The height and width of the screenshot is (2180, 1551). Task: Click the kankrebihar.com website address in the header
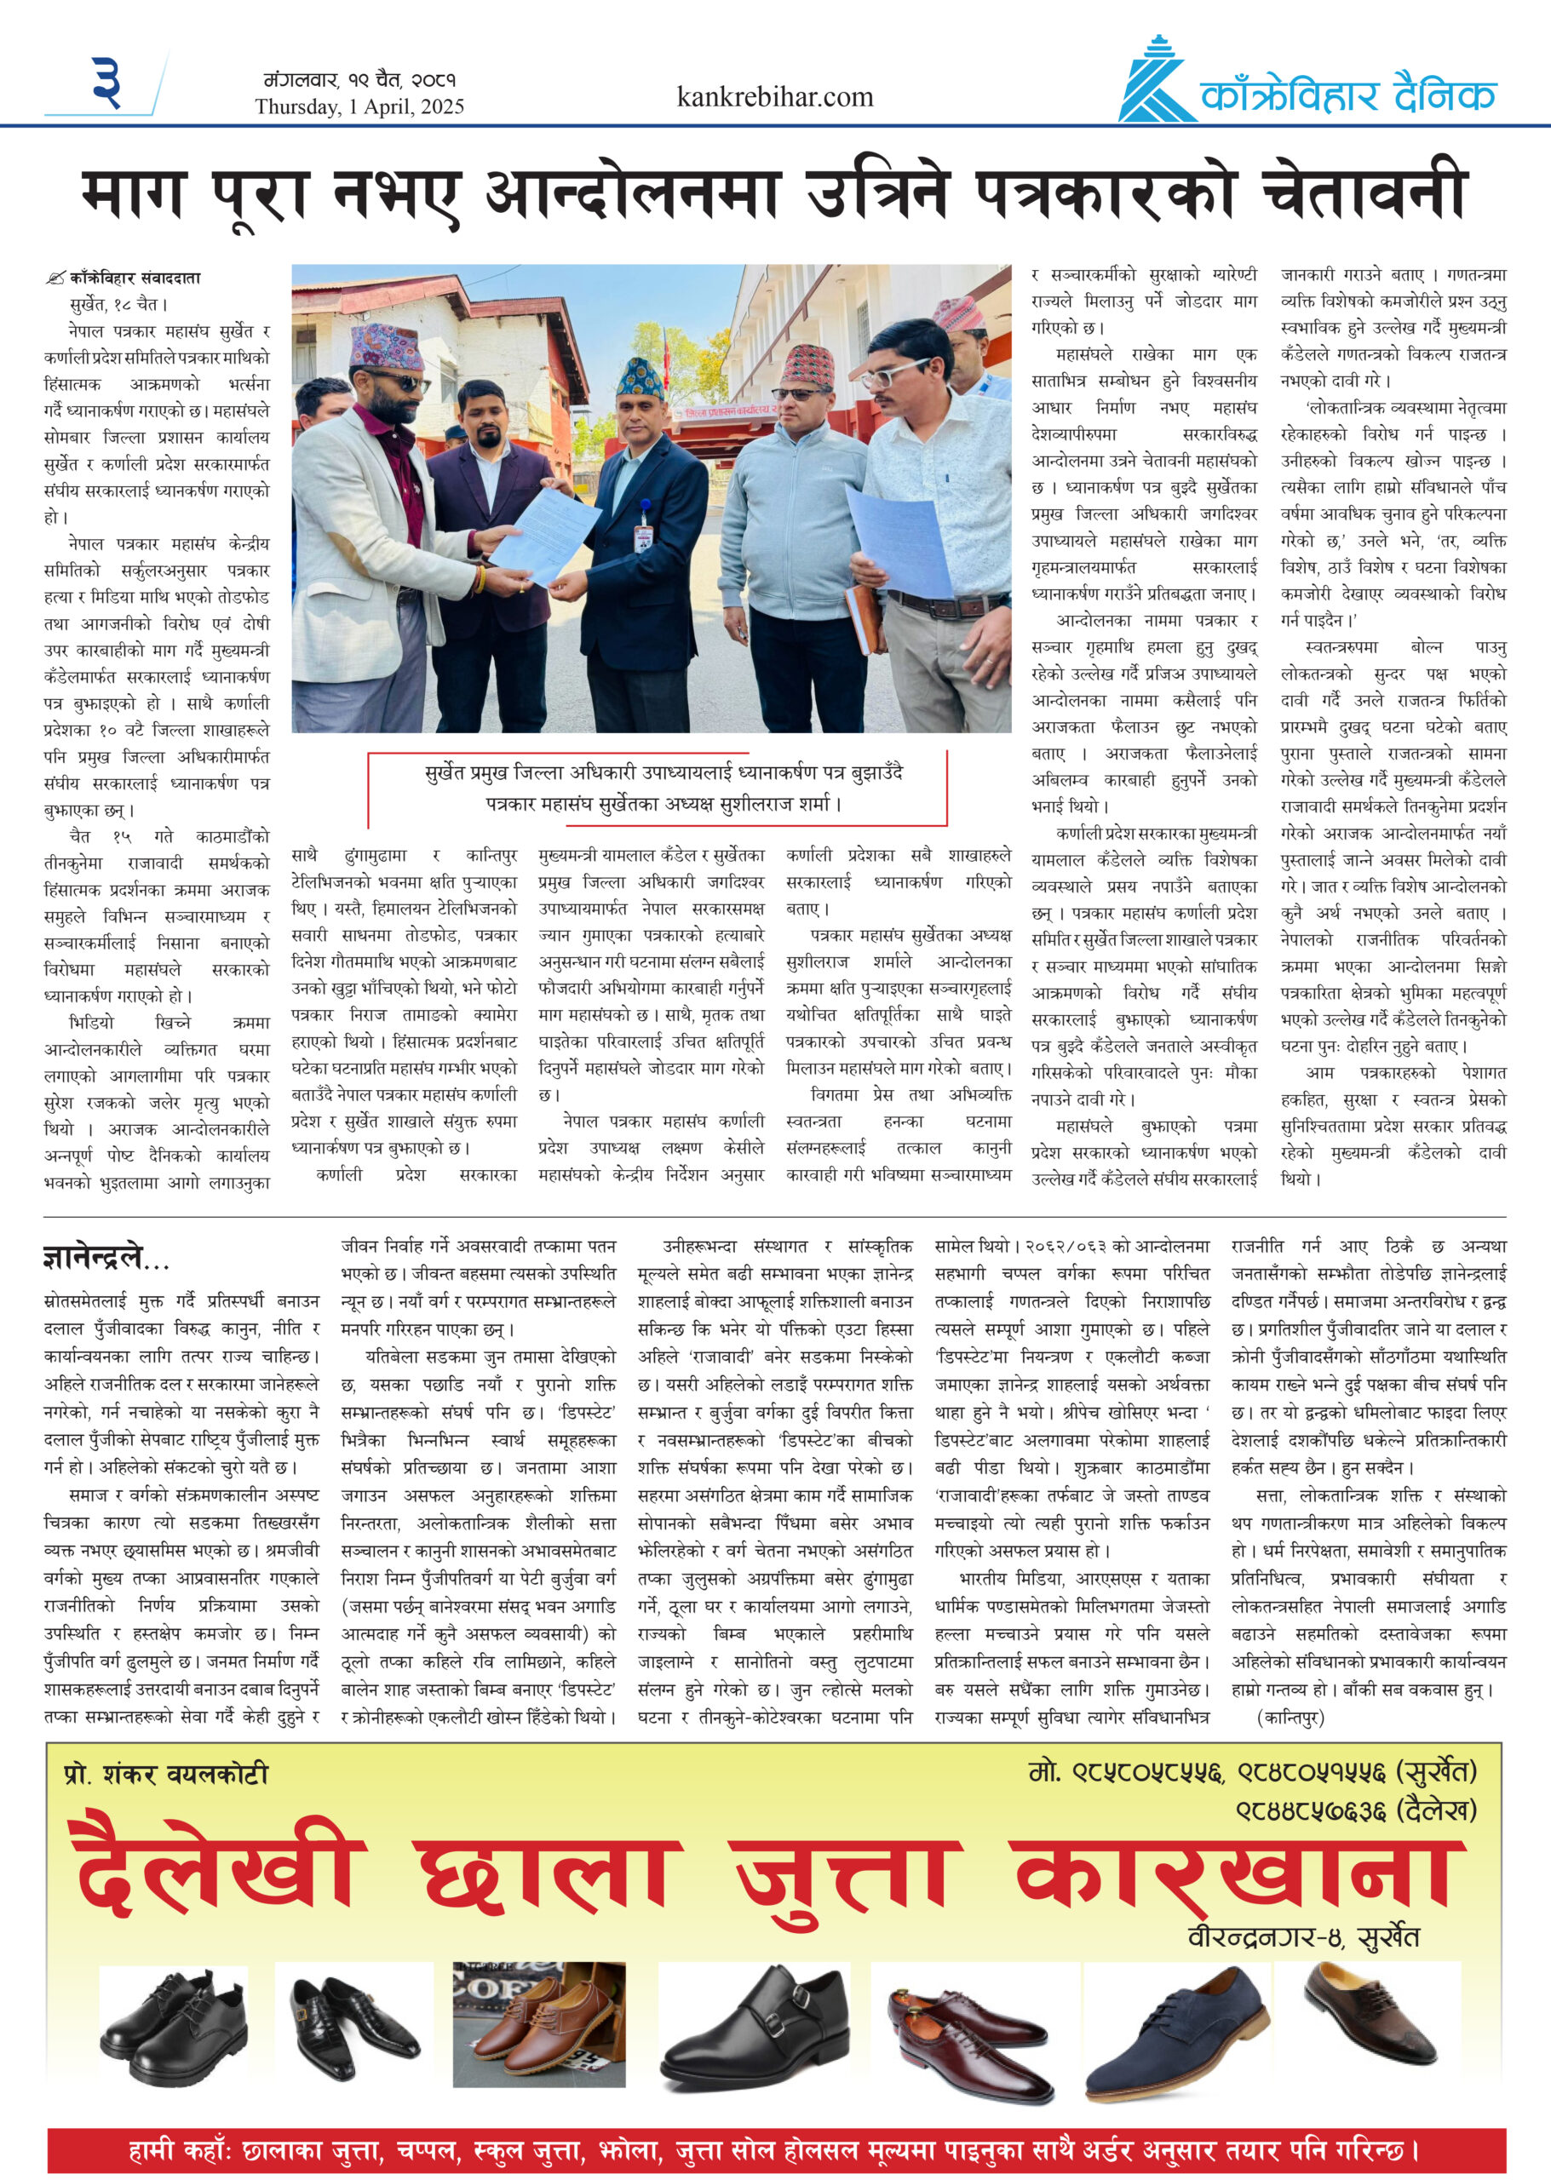click(x=774, y=96)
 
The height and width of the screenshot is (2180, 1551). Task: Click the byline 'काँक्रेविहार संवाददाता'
click(x=135, y=278)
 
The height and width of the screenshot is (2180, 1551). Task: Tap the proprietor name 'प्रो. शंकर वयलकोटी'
click(x=166, y=1774)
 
